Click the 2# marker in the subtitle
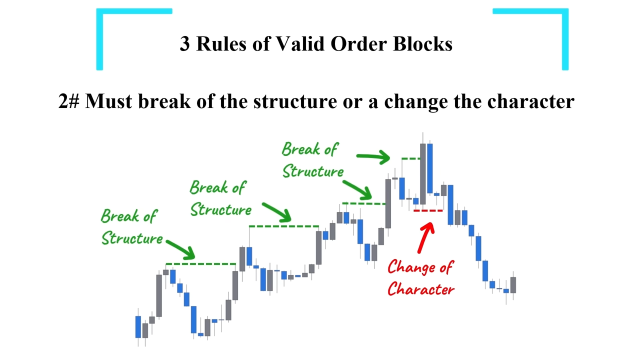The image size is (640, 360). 68,101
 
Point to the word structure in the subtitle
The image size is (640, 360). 295,101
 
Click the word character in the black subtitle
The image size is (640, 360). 530,101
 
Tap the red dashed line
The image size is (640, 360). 428,211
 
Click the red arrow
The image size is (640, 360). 426,237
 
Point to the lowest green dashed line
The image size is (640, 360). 200,264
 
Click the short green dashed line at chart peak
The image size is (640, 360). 411,158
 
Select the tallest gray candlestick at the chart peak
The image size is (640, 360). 423,173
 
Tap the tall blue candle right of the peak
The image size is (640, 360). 429,168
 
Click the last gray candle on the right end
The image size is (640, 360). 513,285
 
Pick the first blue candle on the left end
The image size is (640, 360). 138,327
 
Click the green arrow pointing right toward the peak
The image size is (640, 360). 373,156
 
